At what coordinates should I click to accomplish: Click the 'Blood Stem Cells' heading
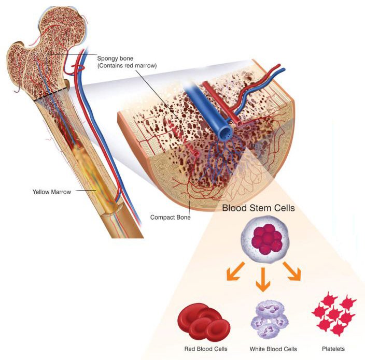pos(259,208)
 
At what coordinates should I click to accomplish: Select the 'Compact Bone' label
pos(171,218)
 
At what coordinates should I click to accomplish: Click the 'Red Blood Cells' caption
pos(206,349)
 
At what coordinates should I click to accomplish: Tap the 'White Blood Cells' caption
pos(273,349)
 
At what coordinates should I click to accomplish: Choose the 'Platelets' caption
pos(332,349)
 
